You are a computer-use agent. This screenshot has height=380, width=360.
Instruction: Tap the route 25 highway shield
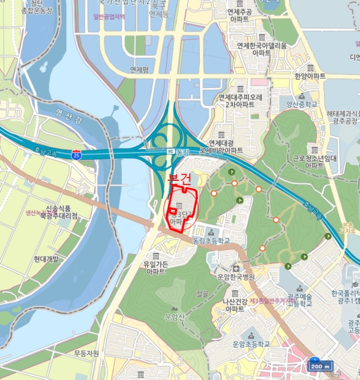tap(78, 155)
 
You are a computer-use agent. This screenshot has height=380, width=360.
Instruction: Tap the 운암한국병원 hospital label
tap(236, 276)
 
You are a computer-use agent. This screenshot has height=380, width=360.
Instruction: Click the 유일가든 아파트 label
tap(155, 268)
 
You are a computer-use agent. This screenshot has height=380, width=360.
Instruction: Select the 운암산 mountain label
tap(174, 315)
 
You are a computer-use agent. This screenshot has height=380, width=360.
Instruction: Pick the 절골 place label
tap(202, 294)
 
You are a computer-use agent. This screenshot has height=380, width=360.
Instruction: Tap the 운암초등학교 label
tap(251, 344)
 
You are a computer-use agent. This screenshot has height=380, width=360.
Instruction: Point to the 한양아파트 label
tap(310, 76)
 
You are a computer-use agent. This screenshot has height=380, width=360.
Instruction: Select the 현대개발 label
tap(46, 259)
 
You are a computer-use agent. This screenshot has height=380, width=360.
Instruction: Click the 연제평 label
tap(139, 69)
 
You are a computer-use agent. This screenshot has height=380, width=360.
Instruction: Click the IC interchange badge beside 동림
tap(170, 151)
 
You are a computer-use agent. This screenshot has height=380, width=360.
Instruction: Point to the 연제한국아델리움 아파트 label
tap(262, 49)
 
